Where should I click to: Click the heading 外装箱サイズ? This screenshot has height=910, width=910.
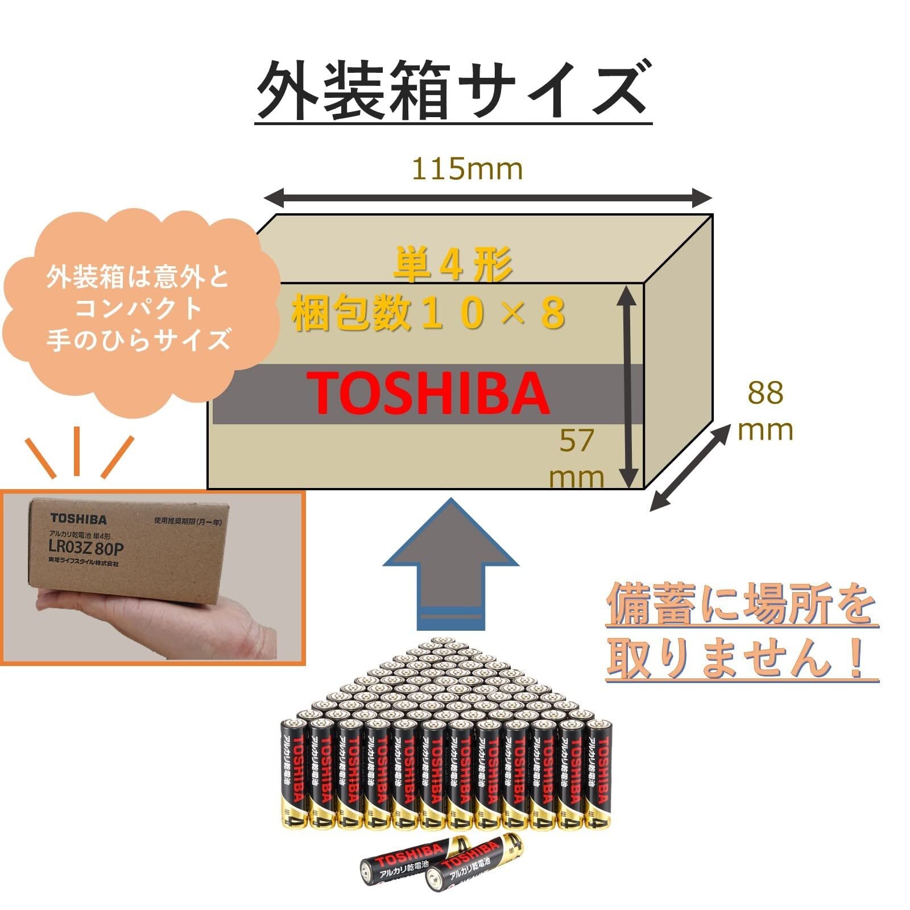[x=452, y=91]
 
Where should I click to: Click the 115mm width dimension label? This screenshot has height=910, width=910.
[x=466, y=169]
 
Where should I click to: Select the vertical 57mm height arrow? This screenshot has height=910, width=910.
[x=627, y=387]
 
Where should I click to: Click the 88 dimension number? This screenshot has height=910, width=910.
[x=765, y=393]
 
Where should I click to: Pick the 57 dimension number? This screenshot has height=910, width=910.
[x=576, y=440]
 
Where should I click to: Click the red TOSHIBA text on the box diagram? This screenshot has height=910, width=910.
[x=429, y=394]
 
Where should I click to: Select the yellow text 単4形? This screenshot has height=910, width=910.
[x=453, y=265]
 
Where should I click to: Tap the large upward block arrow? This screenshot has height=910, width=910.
[x=450, y=563]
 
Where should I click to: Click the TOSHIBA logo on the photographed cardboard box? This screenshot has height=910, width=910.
[x=78, y=519]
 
